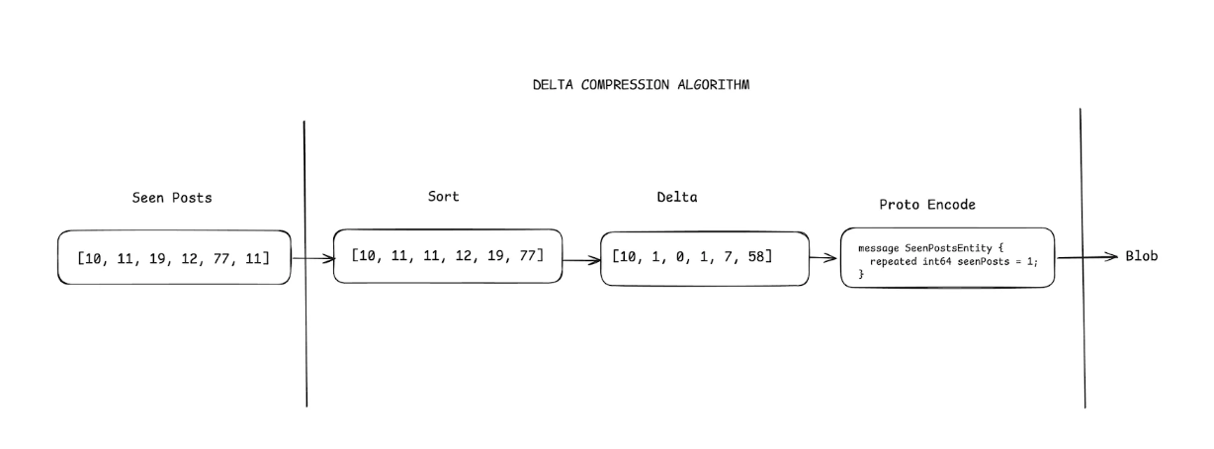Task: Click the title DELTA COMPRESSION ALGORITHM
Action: click(x=641, y=85)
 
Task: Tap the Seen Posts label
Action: click(x=172, y=198)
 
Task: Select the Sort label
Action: click(x=443, y=196)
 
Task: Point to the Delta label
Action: click(x=677, y=197)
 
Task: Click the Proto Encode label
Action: click(x=927, y=205)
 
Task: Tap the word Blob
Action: click(x=1141, y=256)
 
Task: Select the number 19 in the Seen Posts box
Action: click(x=154, y=259)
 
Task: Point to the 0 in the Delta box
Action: click(x=677, y=257)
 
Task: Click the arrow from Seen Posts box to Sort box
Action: click(x=312, y=260)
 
